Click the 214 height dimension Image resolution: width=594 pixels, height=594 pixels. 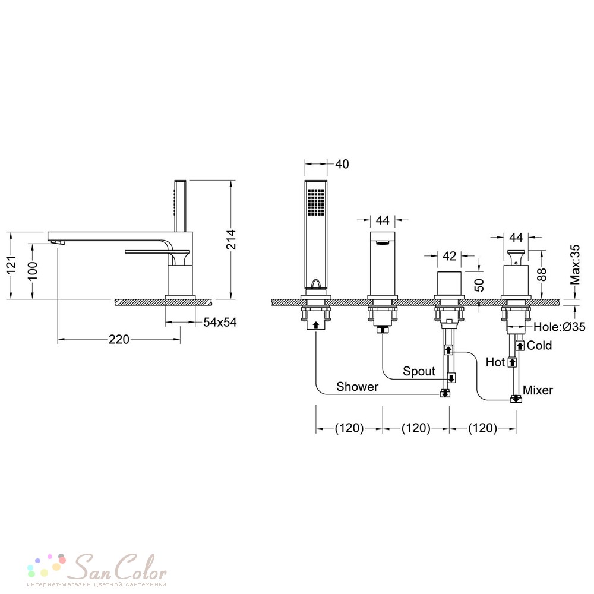[231, 239]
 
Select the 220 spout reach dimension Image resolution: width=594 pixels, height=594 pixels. [119, 339]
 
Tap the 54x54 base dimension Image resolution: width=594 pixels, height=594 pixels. [220, 322]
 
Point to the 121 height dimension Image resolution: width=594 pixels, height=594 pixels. [11, 264]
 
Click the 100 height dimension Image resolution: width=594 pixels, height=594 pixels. [33, 270]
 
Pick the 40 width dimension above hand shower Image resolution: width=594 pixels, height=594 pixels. [342, 164]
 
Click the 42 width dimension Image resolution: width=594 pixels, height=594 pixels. [449, 256]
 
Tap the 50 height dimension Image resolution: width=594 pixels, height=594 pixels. [479, 285]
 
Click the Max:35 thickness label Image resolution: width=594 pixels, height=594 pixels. [575, 264]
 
